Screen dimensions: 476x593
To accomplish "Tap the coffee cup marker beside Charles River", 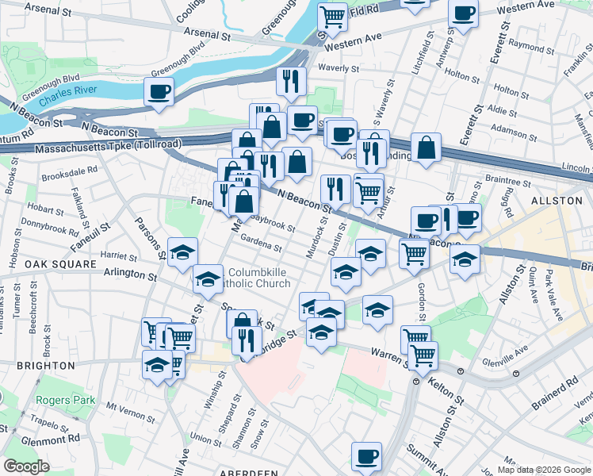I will pos(159,91).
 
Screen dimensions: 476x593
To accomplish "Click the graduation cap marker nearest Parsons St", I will pos(183,252).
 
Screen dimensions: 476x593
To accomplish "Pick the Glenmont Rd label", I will pos(49,437).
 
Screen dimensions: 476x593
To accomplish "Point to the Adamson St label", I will pos(513,127).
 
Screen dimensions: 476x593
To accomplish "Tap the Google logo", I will pos(26,466).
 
